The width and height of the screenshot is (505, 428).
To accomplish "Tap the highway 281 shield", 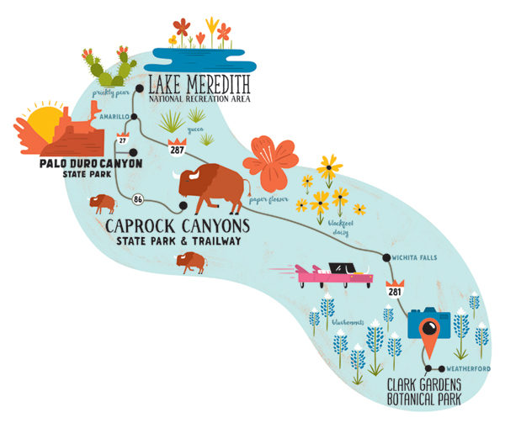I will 394,290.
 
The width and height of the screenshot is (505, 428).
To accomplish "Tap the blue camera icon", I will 429,323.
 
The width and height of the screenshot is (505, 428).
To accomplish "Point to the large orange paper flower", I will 270,162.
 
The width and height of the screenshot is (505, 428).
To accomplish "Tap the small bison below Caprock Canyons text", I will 191,262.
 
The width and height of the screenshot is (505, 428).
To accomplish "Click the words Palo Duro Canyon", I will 90,163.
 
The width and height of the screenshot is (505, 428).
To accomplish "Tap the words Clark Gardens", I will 424,386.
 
